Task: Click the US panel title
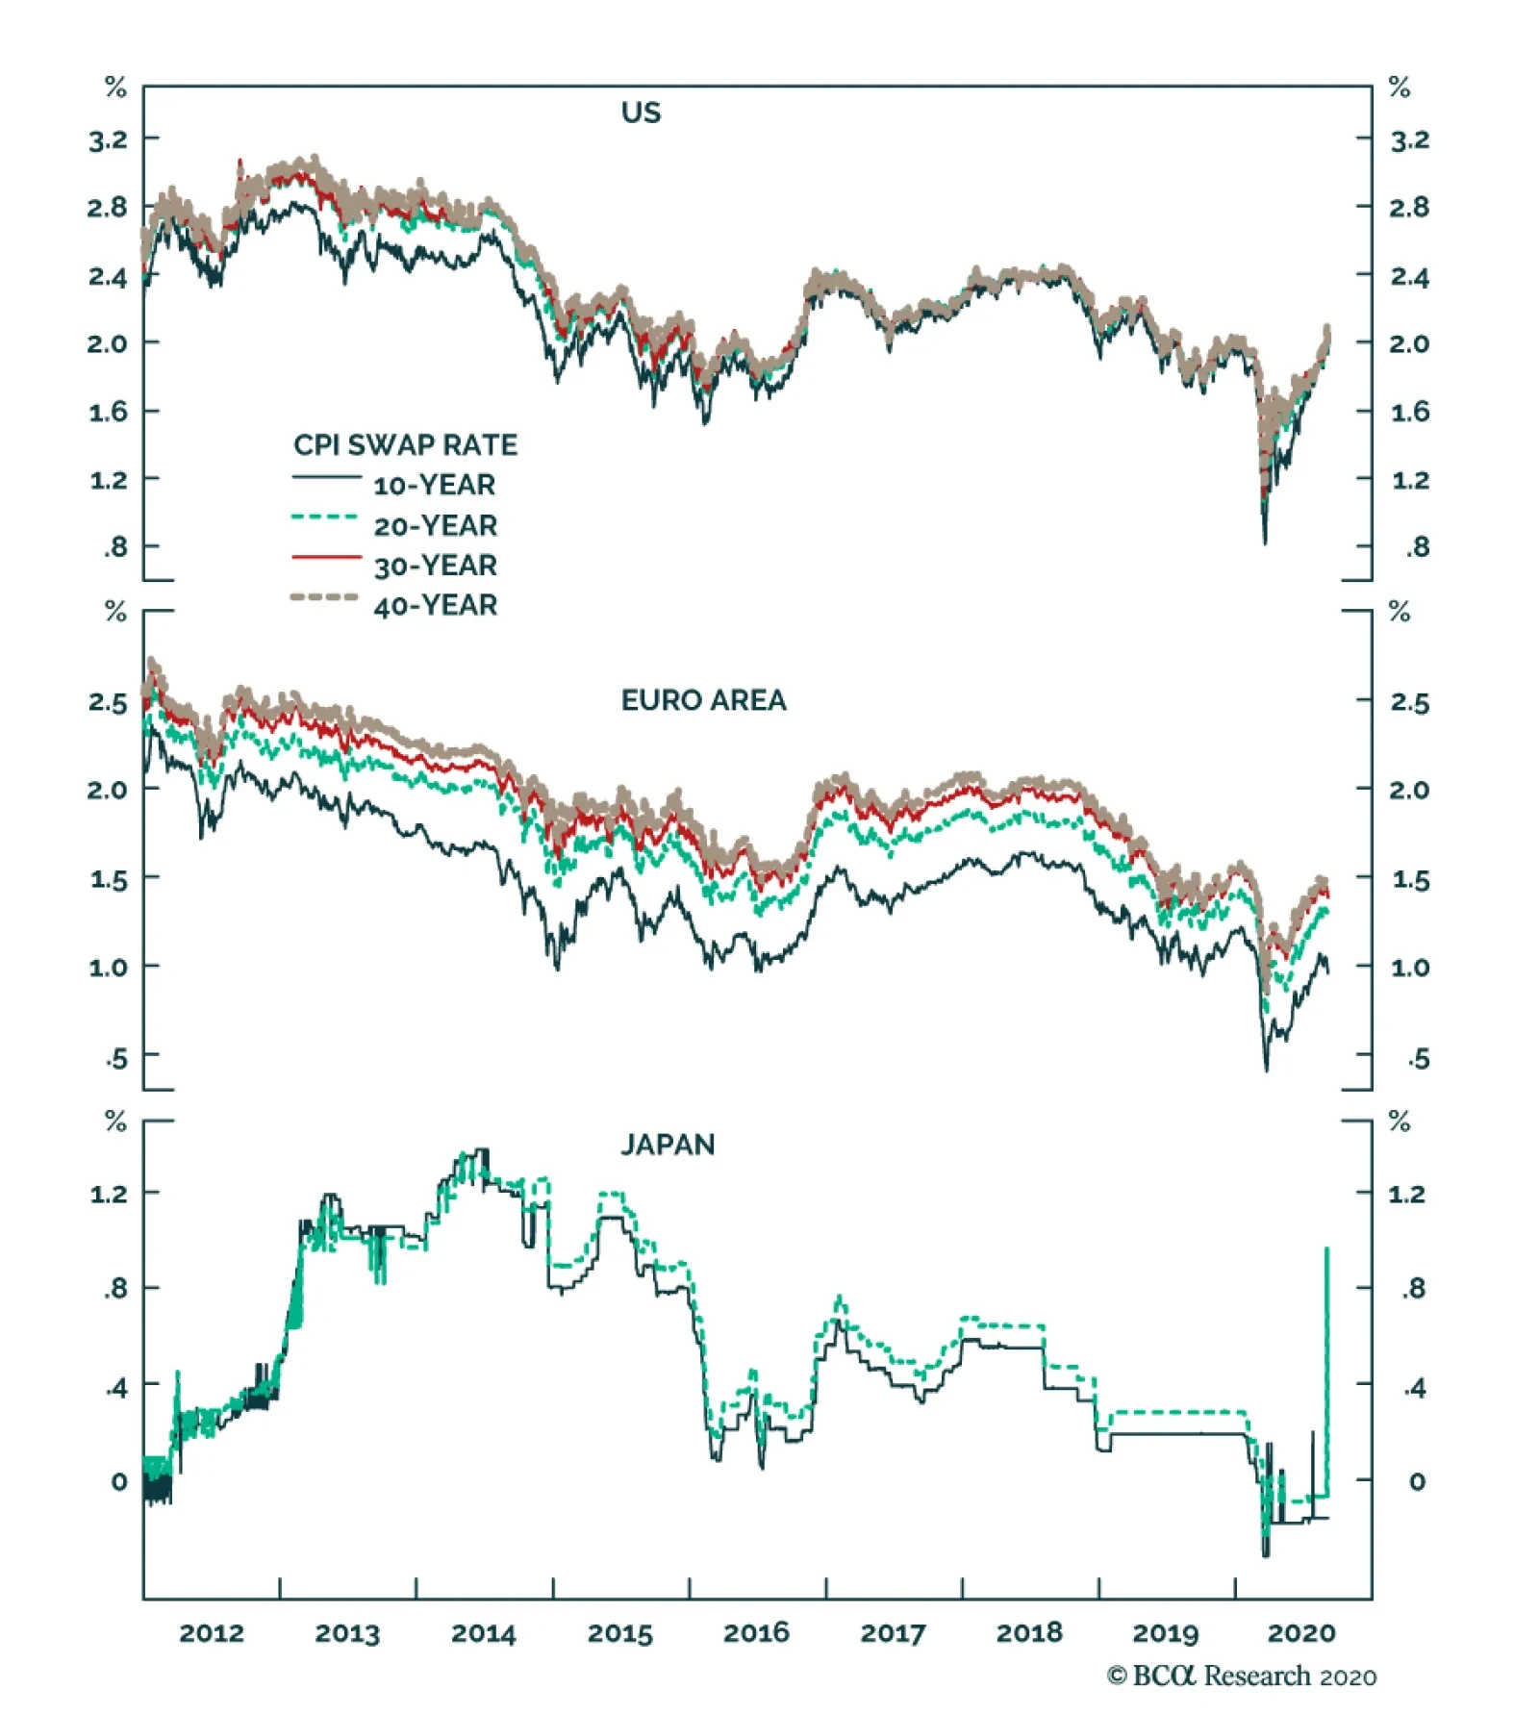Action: (x=641, y=113)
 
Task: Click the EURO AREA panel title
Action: (x=703, y=700)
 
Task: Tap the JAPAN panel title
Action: (x=668, y=1145)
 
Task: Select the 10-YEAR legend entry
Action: (x=435, y=485)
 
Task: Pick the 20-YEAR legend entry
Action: (x=435, y=525)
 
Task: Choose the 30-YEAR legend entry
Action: (x=435, y=566)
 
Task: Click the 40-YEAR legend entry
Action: (x=435, y=605)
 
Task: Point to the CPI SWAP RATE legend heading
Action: (x=405, y=444)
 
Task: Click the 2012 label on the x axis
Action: (x=212, y=1633)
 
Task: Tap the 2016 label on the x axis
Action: (x=756, y=1633)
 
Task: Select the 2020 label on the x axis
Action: (x=1301, y=1633)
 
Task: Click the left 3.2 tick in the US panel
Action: (x=108, y=140)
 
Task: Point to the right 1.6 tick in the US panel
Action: (x=1410, y=412)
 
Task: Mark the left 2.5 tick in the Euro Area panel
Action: (x=108, y=703)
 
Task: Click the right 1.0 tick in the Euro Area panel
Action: (x=1410, y=968)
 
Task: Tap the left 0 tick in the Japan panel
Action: (x=118, y=1482)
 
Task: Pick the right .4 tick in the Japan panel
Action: (x=1413, y=1388)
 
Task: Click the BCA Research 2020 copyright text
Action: (x=1241, y=1676)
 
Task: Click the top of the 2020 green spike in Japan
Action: (x=1327, y=1248)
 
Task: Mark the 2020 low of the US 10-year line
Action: (x=1265, y=543)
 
